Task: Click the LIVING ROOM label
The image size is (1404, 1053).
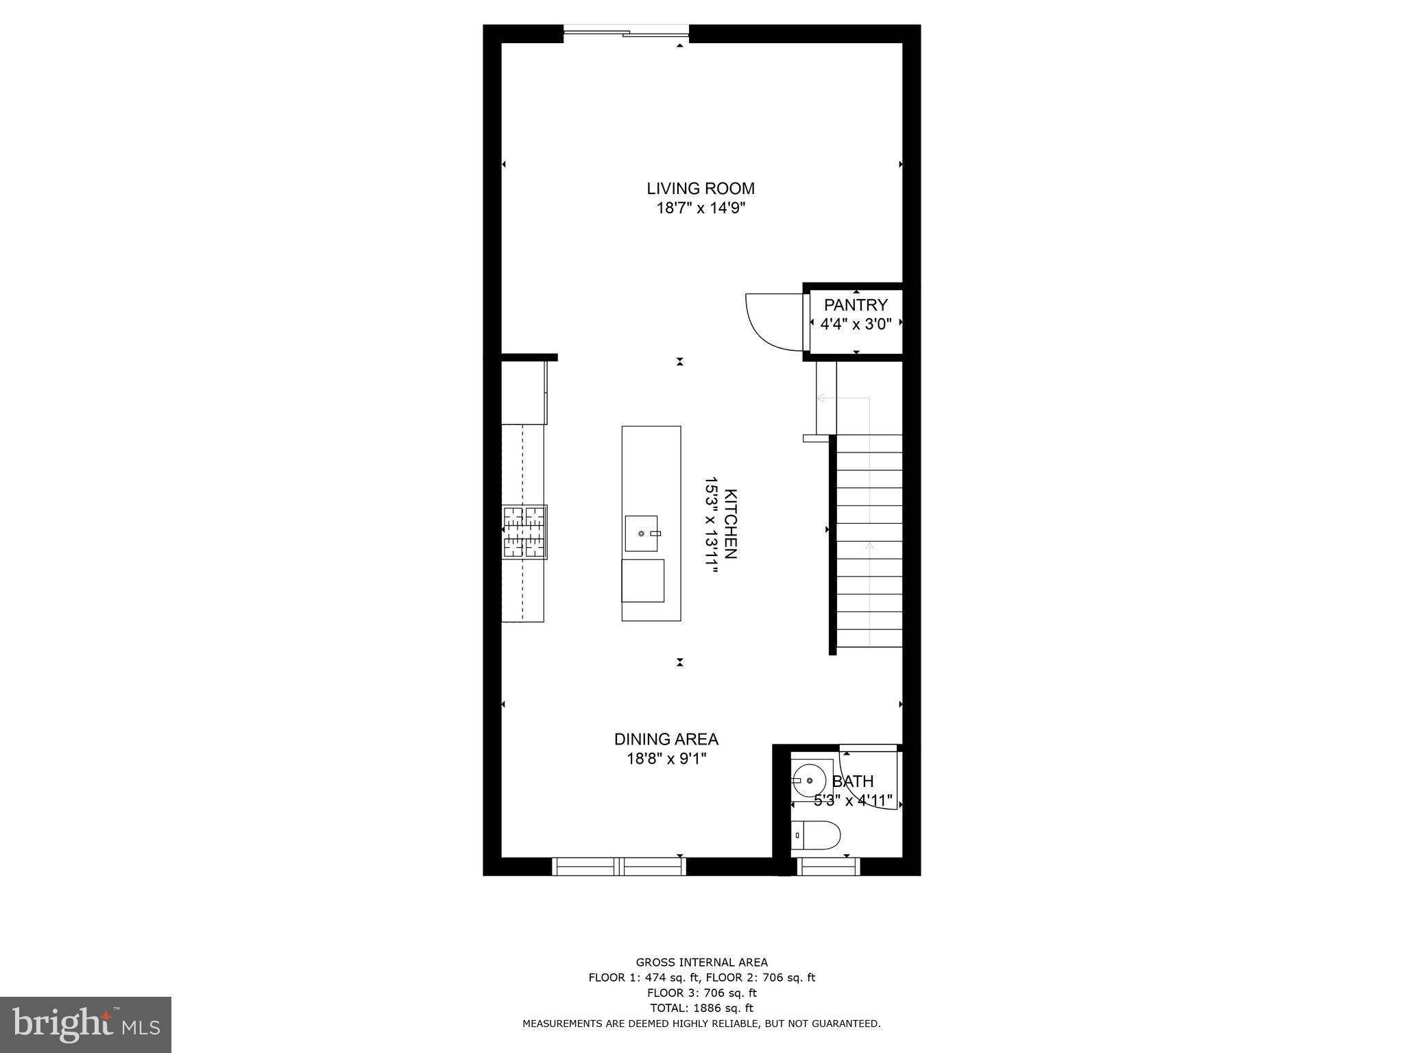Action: [701, 189]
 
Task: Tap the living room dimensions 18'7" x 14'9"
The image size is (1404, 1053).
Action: [701, 208]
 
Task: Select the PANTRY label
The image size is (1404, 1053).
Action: [856, 305]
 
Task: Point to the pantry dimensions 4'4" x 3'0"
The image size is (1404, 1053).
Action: [856, 324]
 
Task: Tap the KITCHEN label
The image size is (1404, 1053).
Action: [731, 524]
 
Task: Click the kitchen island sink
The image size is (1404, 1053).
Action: [641, 533]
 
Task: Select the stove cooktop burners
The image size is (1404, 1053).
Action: [525, 532]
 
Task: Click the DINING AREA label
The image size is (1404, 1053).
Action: [666, 739]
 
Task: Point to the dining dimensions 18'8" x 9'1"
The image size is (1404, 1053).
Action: [666, 759]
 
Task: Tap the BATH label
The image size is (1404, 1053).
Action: [853, 782]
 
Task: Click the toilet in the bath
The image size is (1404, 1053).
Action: [816, 835]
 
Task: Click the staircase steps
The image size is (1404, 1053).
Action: [869, 542]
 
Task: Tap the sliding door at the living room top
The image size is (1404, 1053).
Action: [626, 32]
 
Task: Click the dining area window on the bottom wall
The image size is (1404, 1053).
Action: [619, 867]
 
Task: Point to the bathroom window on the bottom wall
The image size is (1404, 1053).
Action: [828, 867]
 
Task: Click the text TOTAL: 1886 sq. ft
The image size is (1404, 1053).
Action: [701, 1008]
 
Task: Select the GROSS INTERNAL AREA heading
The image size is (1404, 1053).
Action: [701, 963]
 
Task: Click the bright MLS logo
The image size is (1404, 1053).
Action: [86, 1024]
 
